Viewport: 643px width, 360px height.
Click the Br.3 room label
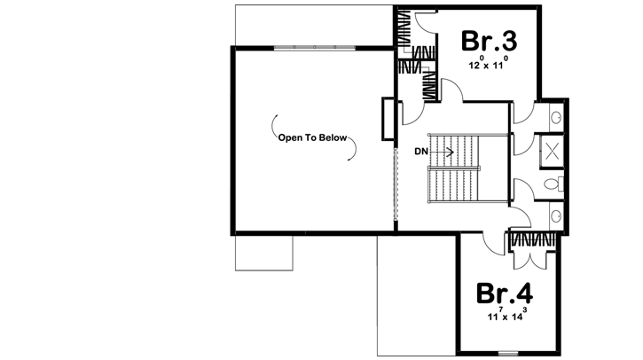(x=487, y=42)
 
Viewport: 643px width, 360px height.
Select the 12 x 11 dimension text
(x=487, y=66)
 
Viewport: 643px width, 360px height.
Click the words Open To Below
(x=313, y=138)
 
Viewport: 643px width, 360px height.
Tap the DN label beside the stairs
(x=421, y=152)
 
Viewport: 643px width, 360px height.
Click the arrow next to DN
(x=444, y=152)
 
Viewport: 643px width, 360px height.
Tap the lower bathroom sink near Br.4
(x=555, y=216)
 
